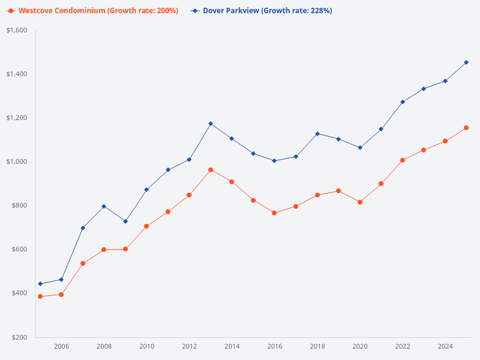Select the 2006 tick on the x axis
pos(61,346)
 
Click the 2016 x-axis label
pos(275,346)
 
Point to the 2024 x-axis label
pos(445,346)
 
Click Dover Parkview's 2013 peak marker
pos(211,124)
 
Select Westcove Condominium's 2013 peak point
pos(211,170)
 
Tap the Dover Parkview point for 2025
pos(466,62)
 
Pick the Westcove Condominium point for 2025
pos(466,128)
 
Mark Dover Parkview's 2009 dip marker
pos(125,221)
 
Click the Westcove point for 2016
pos(274,213)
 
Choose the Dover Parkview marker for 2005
pos(40,284)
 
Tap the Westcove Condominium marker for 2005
pos(40,296)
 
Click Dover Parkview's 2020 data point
pos(360,148)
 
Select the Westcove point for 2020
pos(360,202)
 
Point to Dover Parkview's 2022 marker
pos(403,102)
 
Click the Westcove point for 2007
pos(83,263)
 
